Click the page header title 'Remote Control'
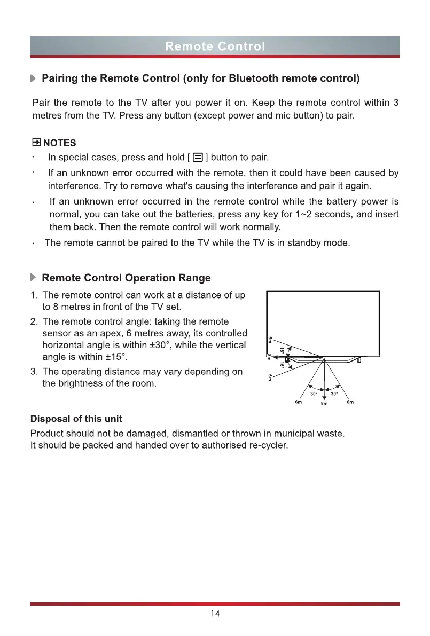215,46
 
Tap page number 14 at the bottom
215,614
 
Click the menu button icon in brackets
198,158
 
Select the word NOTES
59,143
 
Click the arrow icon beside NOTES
36,143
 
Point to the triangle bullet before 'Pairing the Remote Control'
34,79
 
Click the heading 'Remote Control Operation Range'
126,278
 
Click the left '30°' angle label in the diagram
315,394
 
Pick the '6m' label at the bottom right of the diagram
350,402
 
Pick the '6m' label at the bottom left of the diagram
299,402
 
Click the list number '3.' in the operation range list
35,371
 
